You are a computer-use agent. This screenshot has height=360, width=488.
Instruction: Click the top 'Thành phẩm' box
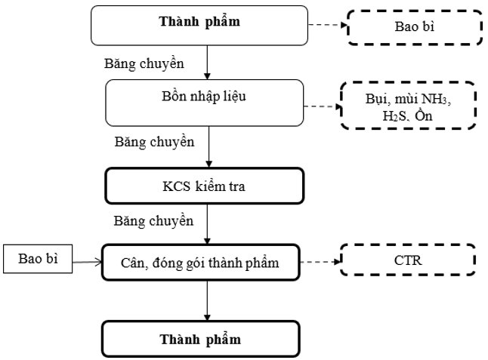tap(199, 26)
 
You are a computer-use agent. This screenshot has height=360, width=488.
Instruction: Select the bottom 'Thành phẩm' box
tap(201, 339)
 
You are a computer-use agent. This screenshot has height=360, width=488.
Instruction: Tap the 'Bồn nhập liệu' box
tap(205, 103)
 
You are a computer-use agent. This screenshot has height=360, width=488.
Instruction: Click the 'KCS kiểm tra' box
tap(205, 186)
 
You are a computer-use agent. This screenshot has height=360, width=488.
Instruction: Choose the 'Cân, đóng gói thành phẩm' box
tap(201, 263)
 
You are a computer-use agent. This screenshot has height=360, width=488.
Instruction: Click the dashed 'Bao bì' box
tap(415, 27)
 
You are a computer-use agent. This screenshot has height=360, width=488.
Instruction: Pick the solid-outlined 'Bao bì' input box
tap(38, 259)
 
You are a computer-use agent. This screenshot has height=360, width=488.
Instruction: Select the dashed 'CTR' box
tap(408, 260)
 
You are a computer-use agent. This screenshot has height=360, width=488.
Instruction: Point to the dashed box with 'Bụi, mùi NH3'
tap(409, 106)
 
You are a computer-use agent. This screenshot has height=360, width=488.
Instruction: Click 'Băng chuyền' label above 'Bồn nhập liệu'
tap(144, 63)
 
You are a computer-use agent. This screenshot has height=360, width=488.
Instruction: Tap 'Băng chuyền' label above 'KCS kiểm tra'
tap(154, 142)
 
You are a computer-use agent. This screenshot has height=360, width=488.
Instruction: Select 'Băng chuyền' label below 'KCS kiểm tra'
tap(153, 221)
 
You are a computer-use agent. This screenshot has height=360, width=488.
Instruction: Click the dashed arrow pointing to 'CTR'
tap(320, 262)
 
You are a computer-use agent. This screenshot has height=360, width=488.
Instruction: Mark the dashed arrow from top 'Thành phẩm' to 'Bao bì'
tap(328, 25)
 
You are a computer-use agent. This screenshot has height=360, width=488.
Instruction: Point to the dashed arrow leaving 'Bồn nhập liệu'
tap(323, 106)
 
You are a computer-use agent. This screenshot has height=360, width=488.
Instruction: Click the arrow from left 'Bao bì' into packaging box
tap(87, 262)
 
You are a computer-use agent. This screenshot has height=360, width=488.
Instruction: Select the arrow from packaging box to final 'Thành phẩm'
tap(207, 300)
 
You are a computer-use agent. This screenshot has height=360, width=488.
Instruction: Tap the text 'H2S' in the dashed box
tap(394, 116)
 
